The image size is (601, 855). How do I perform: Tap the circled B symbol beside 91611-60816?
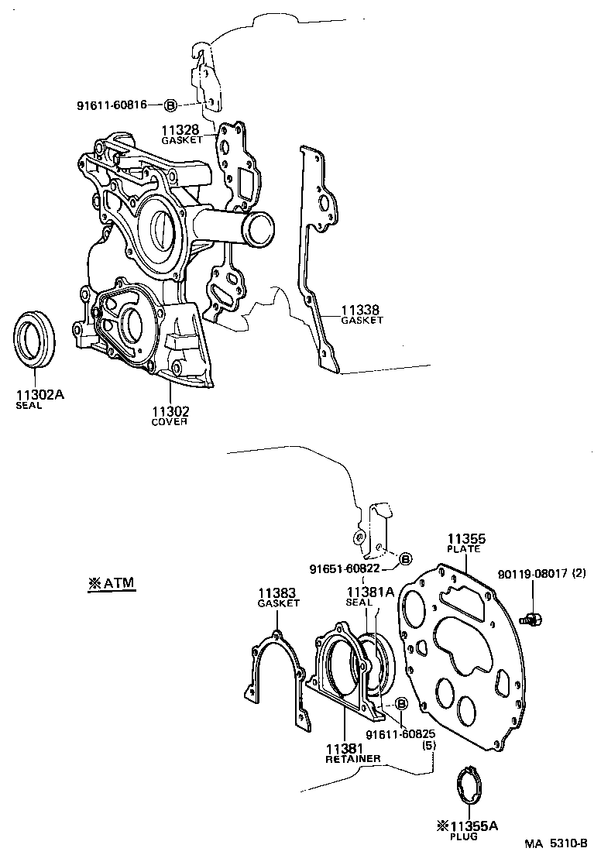(x=171, y=105)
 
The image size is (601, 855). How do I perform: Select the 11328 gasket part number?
(x=180, y=130)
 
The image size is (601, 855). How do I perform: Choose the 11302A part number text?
(x=39, y=394)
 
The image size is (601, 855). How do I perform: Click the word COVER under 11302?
(x=169, y=422)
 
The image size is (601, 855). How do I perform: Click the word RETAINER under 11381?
(x=352, y=760)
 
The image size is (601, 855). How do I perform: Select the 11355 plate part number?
(x=464, y=537)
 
